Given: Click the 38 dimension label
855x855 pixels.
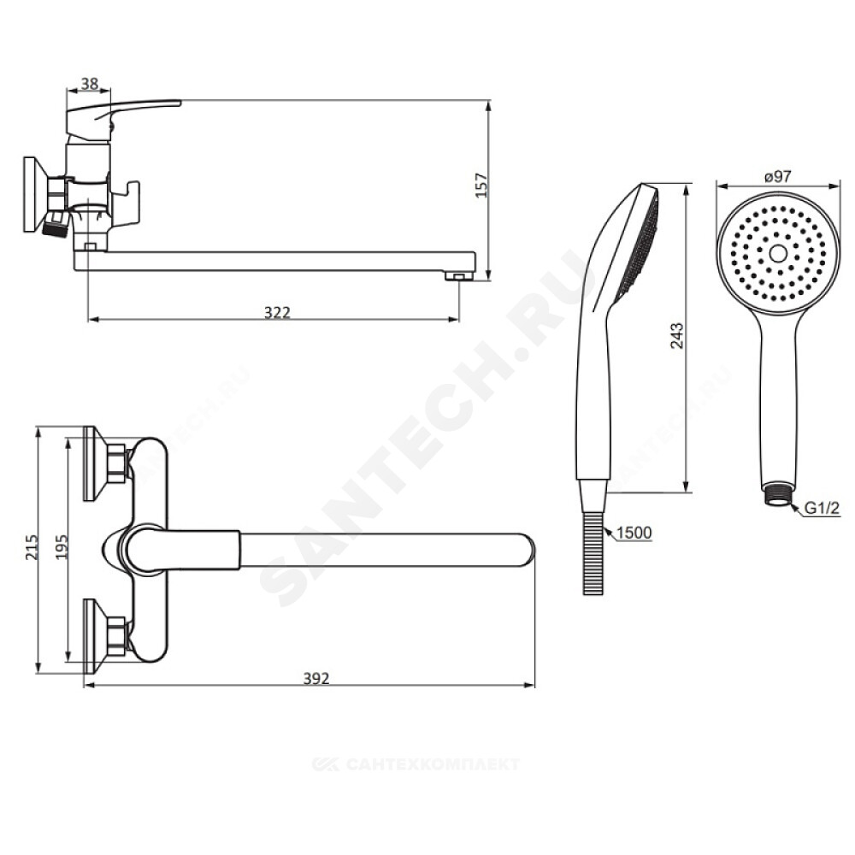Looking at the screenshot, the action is coord(90,84).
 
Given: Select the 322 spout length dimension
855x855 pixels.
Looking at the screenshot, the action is coord(277,312).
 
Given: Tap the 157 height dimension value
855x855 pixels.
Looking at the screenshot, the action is coord(481,186).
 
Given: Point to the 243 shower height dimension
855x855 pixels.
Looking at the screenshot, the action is coord(676,336).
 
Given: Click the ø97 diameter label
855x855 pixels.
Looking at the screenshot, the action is coord(777,177).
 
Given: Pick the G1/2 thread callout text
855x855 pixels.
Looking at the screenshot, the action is coord(823,508).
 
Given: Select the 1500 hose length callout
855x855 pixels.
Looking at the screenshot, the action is coord(635,532).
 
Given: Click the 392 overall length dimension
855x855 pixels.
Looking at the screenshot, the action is coord(316,678).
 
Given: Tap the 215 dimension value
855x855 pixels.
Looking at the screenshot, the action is coord(32,546).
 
